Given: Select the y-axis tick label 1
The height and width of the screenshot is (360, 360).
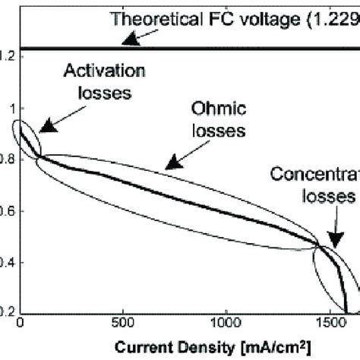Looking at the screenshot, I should pos(11,108).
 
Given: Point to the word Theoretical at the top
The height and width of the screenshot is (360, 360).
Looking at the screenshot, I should pos(156,17).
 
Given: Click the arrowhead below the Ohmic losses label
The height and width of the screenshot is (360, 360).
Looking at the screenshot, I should pos(170,163).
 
